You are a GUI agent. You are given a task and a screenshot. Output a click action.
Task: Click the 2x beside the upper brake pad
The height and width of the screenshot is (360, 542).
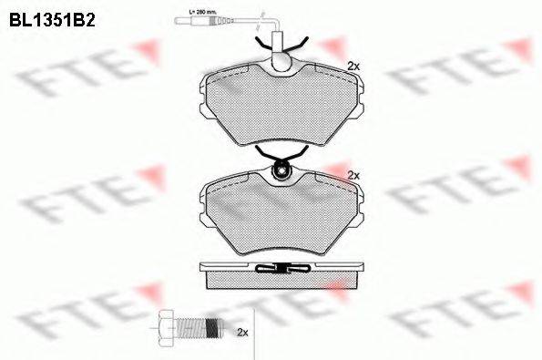(x=354, y=67)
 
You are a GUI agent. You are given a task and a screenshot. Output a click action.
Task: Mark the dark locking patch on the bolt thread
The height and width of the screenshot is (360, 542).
(x=210, y=325)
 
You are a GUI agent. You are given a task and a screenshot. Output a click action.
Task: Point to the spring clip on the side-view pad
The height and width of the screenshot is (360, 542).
(x=282, y=268)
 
